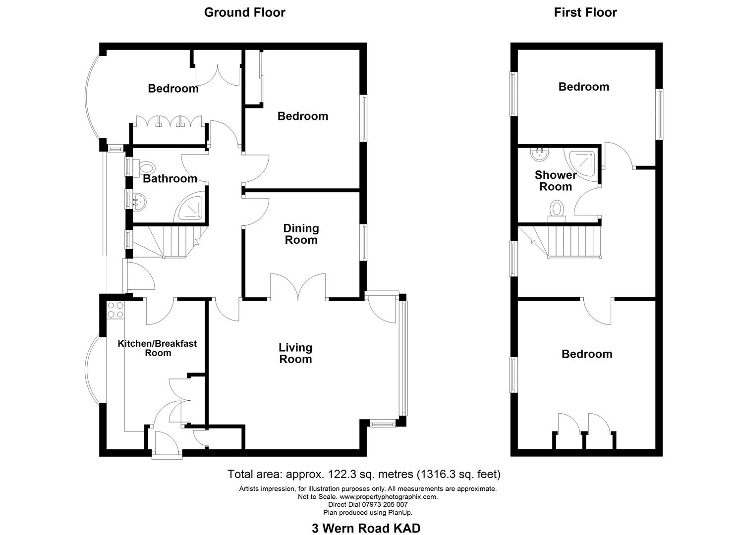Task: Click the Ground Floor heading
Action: click(x=244, y=12)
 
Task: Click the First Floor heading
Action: click(x=585, y=12)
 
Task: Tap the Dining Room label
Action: click(x=301, y=234)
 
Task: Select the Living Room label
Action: click(x=295, y=353)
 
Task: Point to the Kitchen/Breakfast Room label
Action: click(x=157, y=348)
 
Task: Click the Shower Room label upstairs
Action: click(x=556, y=181)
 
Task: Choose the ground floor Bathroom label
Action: click(x=170, y=178)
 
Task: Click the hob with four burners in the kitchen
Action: click(x=115, y=310)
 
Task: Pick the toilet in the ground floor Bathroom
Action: click(x=147, y=167)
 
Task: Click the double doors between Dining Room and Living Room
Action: click(x=297, y=287)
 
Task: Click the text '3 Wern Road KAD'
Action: click(x=366, y=528)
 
